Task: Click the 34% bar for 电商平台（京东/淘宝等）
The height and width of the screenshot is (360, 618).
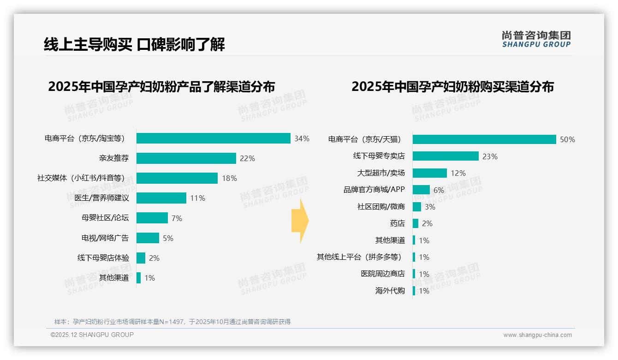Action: (213, 138)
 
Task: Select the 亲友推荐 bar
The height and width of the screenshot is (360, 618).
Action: (186, 158)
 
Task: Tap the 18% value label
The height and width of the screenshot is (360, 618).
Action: (229, 178)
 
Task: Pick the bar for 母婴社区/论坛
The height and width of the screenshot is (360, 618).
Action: (152, 218)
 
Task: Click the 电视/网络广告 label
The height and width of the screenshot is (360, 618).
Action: (105, 238)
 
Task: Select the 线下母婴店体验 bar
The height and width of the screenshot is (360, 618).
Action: (141, 258)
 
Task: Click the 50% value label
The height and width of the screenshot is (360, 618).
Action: (567, 139)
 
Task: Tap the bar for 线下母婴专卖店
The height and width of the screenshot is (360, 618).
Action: (446, 156)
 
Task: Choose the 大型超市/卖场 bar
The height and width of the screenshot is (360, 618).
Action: (429, 173)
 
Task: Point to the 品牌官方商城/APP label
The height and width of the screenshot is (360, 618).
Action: (374, 190)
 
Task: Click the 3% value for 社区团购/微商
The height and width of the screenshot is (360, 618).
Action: (430, 207)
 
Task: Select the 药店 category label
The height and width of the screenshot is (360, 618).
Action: (397, 223)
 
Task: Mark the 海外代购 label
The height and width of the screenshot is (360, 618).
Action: (390, 291)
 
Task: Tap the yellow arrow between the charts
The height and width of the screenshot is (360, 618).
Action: (300, 221)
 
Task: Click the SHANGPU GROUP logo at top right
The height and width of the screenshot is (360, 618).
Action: (536, 39)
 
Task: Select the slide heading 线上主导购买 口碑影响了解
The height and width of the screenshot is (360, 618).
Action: (134, 45)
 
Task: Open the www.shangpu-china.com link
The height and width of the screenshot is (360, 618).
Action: (537, 335)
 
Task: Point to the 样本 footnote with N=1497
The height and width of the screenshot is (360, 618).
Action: (172, 322)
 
